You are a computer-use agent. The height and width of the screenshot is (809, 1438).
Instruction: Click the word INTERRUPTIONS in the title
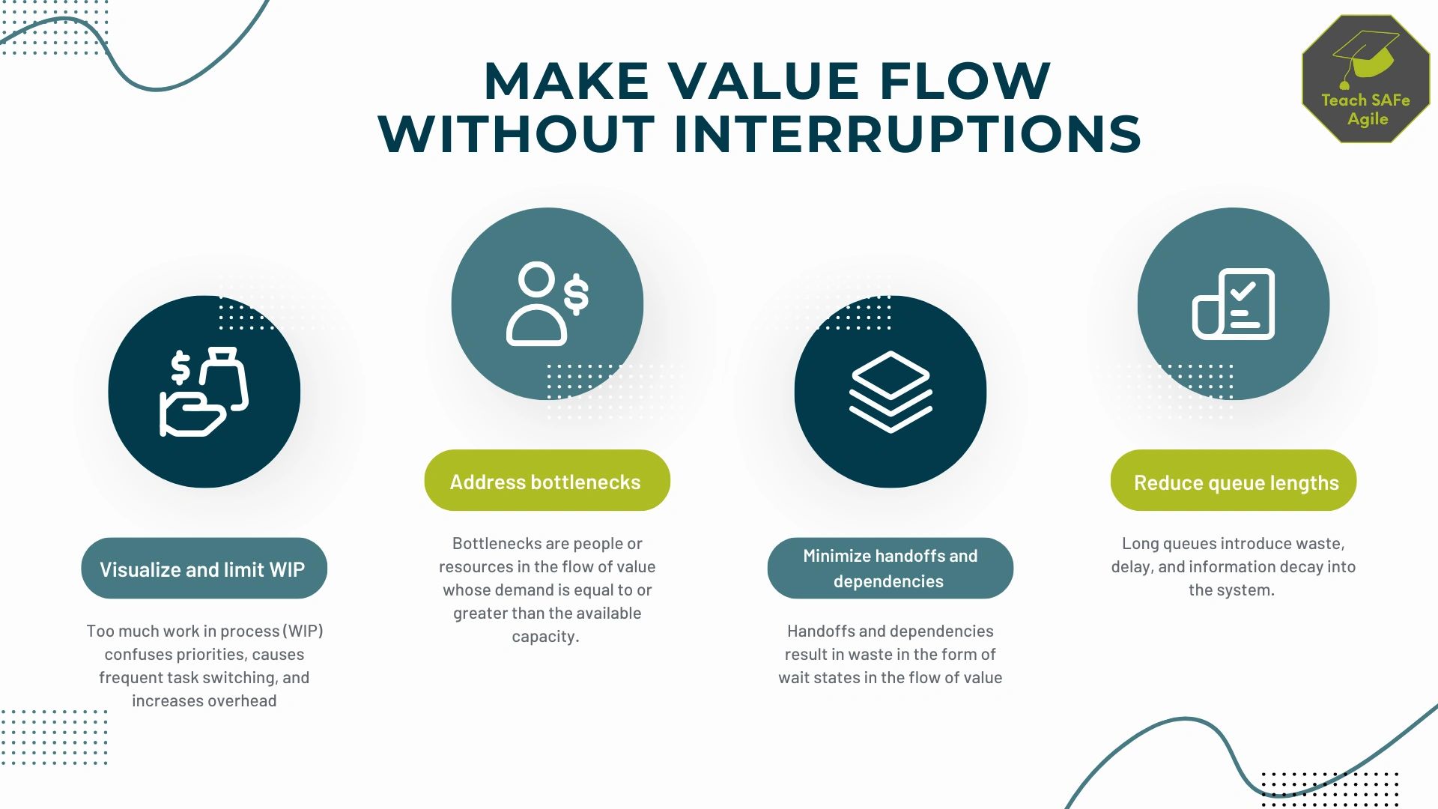pos(907,134)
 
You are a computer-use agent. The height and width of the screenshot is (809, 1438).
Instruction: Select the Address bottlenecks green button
pos(547,481)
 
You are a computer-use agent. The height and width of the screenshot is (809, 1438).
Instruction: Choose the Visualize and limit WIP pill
pos(204,569)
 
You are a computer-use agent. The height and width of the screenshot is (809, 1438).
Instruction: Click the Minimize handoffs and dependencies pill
pos(890,569)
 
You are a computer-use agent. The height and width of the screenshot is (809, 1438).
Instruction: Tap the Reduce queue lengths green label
pos(1233,482)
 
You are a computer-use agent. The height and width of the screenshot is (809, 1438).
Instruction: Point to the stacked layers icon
pos(890,391)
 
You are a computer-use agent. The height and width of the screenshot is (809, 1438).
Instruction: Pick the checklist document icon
pos(1233,303)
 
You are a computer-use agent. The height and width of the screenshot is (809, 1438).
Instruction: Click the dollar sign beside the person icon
pos(576,294)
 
